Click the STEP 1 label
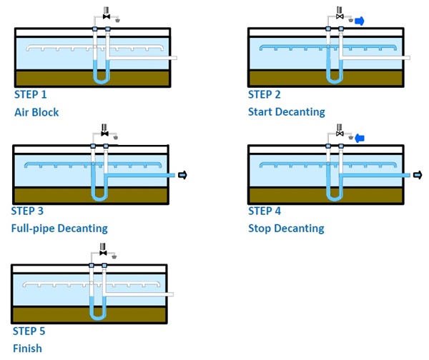(x=35, y=94)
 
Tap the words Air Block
(x=36, y=112)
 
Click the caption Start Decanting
(x=286, y=111)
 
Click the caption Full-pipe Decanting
(x=59, y=229)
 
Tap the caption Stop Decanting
(x=286, y=229)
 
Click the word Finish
(x=28, y=349)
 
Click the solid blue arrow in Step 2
(x=360, y=21)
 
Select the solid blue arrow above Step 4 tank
(x=360, y=137)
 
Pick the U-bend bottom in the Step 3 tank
(x=99, y=198)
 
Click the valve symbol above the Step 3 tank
(x=104, y=134)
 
